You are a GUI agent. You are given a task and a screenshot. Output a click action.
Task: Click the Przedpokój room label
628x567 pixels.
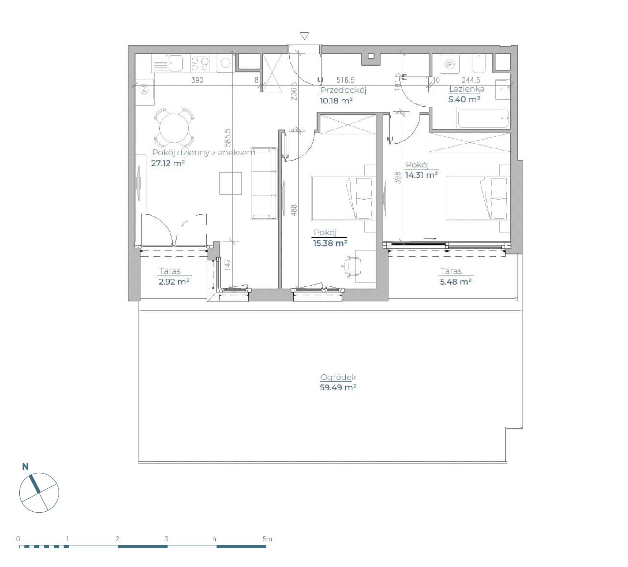[x=343, y=90]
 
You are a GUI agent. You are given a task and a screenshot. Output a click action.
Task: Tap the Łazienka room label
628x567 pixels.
[x=467, y=88]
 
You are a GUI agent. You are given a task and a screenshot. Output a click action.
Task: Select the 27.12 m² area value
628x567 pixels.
[x=168, y=163]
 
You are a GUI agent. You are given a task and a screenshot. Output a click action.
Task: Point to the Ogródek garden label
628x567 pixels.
[x=338, y=377]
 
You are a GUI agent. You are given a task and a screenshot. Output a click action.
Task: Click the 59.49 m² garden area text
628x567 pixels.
[x=338, y=387]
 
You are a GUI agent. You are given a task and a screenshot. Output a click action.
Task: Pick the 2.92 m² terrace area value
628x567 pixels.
[x=174, y=281]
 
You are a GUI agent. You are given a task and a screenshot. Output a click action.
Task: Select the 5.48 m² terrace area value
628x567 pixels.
[x=456, y=281]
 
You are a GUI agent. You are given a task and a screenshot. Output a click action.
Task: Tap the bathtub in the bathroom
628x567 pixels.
[x=483, y=119]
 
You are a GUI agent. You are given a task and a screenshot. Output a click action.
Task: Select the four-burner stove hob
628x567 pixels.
[x=200, y=64]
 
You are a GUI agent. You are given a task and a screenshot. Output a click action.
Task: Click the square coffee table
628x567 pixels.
[x=231, y=183]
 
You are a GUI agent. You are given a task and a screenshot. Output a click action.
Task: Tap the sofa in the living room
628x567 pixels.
[x=264, y=183]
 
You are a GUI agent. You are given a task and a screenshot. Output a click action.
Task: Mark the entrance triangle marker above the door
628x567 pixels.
[x=305, y=36]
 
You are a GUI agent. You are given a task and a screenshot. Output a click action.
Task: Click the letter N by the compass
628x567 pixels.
[x=25, y=466]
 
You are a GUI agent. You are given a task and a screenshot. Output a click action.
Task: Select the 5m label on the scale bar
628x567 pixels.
[x=267, y=539]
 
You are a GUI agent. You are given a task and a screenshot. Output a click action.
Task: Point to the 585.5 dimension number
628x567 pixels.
[x=227, y=138]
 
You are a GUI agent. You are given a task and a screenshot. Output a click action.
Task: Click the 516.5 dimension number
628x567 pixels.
[x=345, y=80]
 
